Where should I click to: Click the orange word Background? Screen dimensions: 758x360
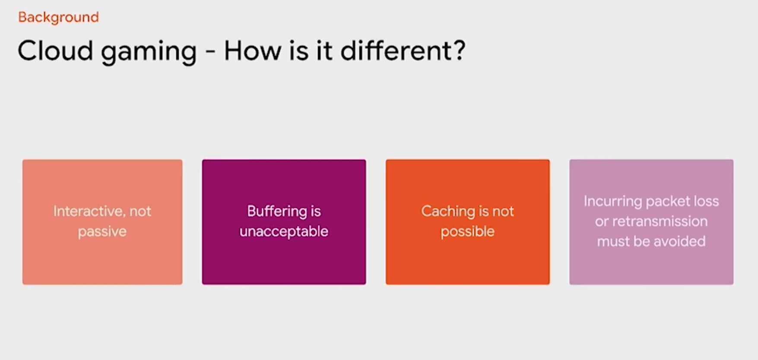coord(58,18)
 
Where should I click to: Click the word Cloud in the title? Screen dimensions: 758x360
coord(55,51)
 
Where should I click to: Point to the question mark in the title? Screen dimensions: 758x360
coord(458,50)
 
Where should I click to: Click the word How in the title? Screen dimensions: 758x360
coord(253,51)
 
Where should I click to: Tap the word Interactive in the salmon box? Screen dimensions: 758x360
coord(88,211)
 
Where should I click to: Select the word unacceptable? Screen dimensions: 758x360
coord(284,232)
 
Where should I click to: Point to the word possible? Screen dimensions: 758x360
coord(467,232)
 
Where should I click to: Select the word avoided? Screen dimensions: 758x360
coord(679,241)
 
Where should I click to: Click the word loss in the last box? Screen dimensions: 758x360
coord(706,201)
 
